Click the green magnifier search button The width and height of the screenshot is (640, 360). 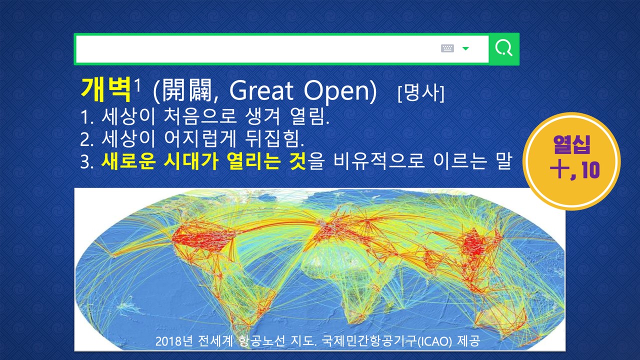tap(504, 49)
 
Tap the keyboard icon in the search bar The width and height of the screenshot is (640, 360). tap(447, 48)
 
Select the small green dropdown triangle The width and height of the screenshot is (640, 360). tap(465, 48)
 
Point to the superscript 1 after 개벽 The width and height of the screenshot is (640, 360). tap(137, 85)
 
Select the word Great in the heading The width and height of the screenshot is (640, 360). tap(261, 90)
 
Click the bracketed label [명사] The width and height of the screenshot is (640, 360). tap(421, 93)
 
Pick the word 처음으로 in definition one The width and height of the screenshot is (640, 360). tap(200, 116)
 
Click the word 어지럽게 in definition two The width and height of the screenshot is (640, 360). tap(200, 139)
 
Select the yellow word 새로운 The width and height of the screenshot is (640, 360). tap(128, 161)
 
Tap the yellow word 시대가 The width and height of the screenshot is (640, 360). tap(191, 161)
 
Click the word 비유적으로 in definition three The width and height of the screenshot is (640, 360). tap(379, 161)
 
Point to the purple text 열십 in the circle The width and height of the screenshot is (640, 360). tap(571, 144)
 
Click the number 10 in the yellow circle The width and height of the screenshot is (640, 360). tap(590, 170)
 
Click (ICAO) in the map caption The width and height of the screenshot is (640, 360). tap(434, 341)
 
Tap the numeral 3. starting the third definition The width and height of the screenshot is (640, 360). tap(87, 162)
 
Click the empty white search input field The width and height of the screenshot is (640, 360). tap(257, 49)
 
